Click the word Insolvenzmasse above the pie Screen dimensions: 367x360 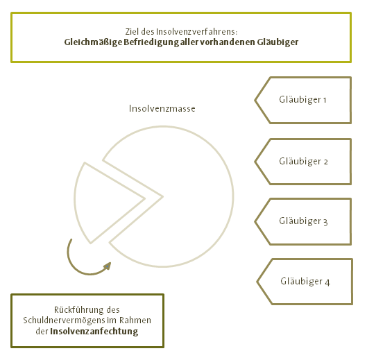click(x=162, y=109)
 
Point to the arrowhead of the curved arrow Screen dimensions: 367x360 click(x=108, y=266)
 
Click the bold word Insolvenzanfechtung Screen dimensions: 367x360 click(x=94, y=332)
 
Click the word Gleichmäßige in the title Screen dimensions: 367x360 click(x=93, y=42)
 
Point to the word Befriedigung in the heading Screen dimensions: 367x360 click(x=151, y=42)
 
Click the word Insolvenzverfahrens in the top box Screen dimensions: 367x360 click(x=196, y=32)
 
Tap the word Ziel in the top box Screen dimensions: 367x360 click(x=132, y=32)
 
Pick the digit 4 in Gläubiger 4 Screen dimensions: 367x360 click(x=327, y=282)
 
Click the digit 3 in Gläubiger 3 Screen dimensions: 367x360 click(x=325, y=222)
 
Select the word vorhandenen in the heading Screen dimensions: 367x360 click(x=227, y=42)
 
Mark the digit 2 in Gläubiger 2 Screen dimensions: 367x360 click(x=325, y=162)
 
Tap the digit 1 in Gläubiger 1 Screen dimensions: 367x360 click(x=325, y=101)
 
